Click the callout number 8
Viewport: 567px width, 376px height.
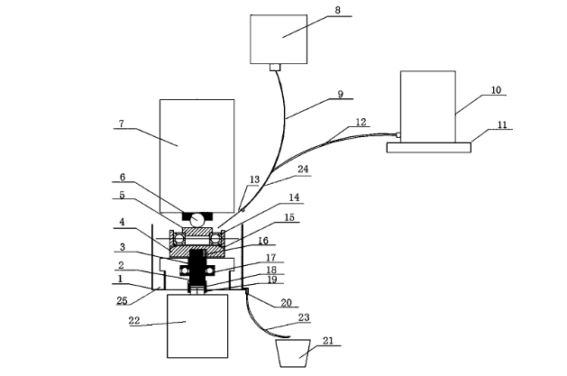pos(337,10)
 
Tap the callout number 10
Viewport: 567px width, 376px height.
pos(496,89)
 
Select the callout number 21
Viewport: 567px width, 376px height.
pos(328,341)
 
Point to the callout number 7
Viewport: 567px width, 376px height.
pos(122,124)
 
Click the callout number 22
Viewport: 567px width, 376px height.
pos(134,320)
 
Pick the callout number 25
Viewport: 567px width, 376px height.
pos(122,300)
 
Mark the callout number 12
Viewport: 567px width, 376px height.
pos(361,122)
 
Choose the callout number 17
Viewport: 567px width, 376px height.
pos(271,257)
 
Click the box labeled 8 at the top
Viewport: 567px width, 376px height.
pos(279,39)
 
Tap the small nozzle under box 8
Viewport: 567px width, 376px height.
pos(275,68)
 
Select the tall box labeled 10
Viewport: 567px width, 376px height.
pos(428,106)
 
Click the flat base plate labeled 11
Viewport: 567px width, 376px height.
pos(429,148)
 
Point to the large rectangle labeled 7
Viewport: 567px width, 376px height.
pos(197,156)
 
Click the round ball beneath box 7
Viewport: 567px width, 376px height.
pos(197,220)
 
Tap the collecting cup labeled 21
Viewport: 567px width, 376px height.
pos(293,353)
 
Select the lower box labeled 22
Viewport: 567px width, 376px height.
pos(197,326)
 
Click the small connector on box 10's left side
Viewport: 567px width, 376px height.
pos(398,135)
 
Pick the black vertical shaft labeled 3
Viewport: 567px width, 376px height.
pos(197,268)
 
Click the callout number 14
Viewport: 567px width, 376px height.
pos(294,197)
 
